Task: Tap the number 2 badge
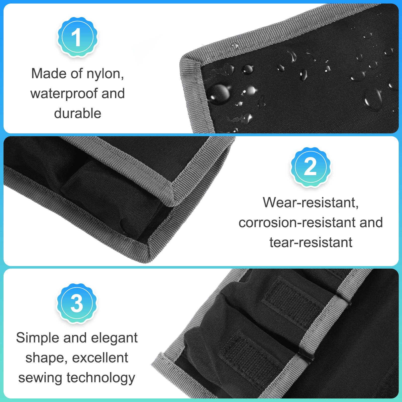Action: [311, 168]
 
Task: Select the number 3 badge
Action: [77, 303]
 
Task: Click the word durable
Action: [78, 113]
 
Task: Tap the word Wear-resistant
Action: [311, 203]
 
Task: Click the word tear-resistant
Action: [311, 242]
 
